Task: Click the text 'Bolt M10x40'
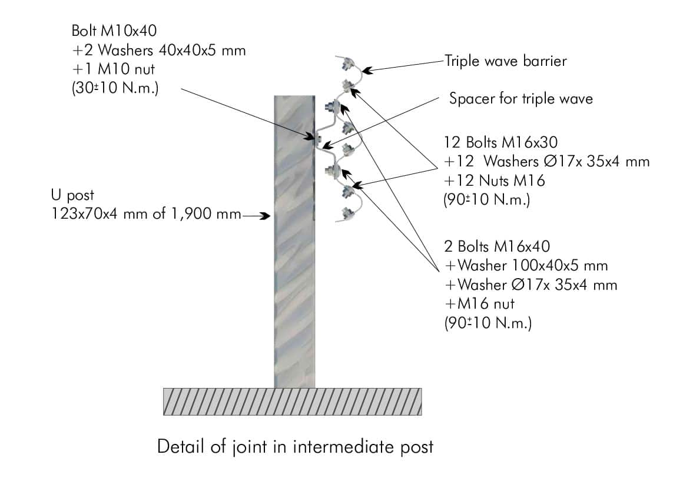pos(114,31)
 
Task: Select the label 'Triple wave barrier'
pos(505,61)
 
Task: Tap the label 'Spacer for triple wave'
pos(521,99)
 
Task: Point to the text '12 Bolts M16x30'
pos(500,142)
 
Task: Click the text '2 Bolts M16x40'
pos(497,246)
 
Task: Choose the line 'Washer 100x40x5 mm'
pos(526,265)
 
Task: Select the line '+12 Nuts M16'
pos(495,180)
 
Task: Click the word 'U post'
pos(72,195)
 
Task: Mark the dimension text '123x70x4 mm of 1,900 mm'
pos(147,214)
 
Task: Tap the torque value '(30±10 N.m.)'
pos(115,88)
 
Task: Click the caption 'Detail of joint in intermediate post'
pos(296,447)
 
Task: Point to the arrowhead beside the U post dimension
pos(266,215)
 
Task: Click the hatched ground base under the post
pos(292,402)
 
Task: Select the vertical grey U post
pos(294,242)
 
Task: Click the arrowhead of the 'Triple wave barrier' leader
pos(367,69)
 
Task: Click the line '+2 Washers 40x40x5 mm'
pos(158,50)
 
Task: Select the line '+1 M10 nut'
pos(113,69)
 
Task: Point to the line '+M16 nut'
pos(480,303)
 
